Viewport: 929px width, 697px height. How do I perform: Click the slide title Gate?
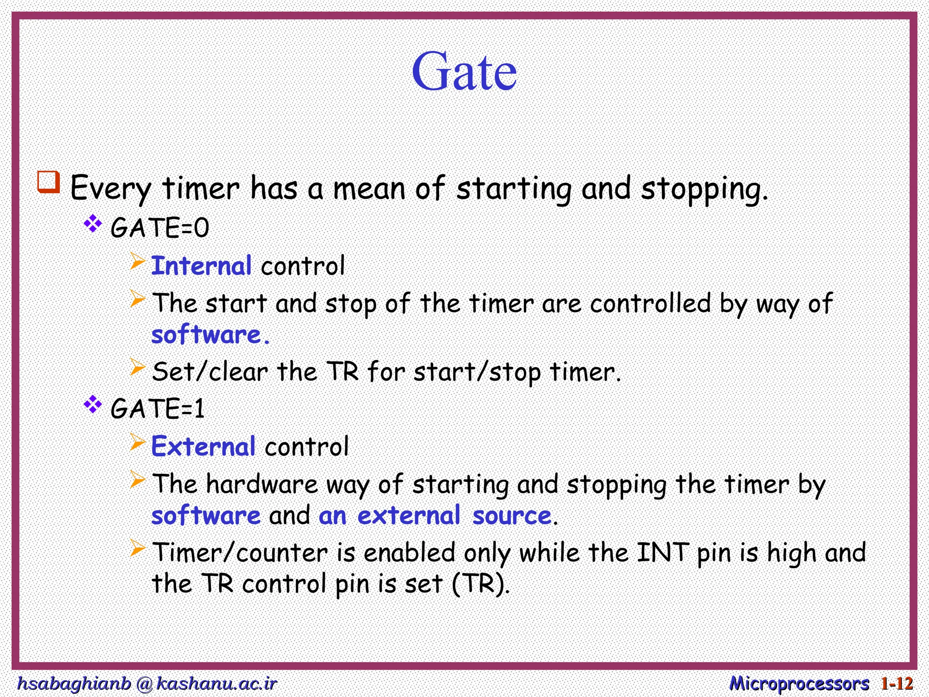click(x=464, y=72)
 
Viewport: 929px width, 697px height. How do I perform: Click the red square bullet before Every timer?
click(x=49, y=182)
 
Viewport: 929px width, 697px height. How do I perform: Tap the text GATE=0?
click(x=160, y=227)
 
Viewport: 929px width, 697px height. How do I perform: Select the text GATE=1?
click(x=157, y=408)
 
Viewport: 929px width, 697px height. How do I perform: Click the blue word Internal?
click(x=201, y=266)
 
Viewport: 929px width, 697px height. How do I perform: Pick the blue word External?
click(x=203, y=447)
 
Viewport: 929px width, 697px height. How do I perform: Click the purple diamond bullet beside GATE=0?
click(x=93, y=224)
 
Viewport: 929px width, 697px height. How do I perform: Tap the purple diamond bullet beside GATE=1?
click(x=93, y=404)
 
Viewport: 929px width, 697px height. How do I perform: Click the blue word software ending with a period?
click(x=210, y=335)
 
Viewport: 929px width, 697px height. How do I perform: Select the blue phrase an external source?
click(x=435, y=516)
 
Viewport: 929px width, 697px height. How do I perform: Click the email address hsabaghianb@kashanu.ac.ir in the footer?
click(x=147, y=683)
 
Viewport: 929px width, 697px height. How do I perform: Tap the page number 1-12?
click(x=897, y=683)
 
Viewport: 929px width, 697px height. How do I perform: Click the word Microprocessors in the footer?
click(x=799, y=683)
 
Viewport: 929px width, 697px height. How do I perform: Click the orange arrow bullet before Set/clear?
click(x=137, y=367)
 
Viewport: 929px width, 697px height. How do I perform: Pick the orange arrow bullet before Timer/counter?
click(x=137, y=548)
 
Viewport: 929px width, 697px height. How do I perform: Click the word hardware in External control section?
click(x=262, y=484)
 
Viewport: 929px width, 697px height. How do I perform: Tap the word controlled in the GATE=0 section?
click(x=650, y=303)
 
